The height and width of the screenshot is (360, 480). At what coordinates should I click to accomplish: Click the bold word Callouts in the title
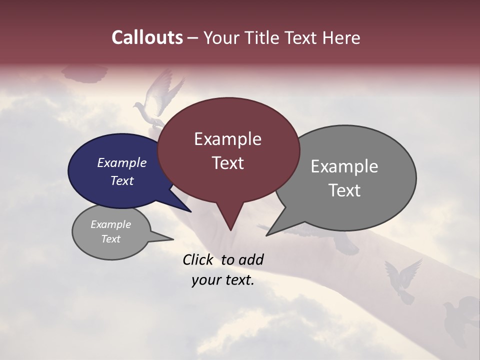tap(147, 37)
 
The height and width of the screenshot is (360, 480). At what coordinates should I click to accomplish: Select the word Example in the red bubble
tap(227, 139)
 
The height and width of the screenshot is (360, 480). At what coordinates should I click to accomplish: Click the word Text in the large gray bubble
tap(345, 190)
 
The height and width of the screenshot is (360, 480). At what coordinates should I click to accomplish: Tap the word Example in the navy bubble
tap(121, 163)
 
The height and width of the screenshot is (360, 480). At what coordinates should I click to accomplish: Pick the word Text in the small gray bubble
tap(110, 239)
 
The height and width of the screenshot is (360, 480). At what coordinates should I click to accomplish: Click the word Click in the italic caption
tap(199, 259)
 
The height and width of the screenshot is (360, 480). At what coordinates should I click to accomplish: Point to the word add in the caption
tap(251, 259)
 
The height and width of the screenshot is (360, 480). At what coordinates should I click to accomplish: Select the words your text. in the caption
tap(223, 280)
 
